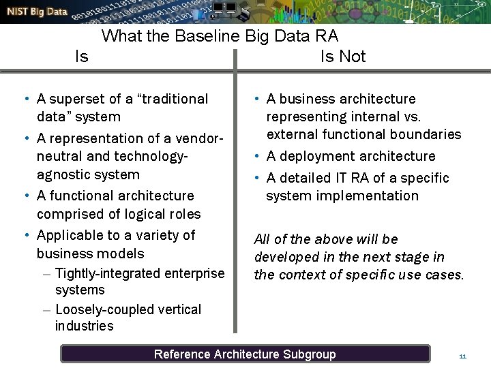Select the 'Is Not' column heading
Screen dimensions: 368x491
click(343, 56)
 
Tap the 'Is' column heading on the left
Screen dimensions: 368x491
click(81, 56)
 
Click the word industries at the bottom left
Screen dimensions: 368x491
click(84, 326)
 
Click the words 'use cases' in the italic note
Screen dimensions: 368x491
click(438, 275)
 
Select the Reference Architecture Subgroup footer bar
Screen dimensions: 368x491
click(245, 354)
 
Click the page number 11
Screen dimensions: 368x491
click(462, 356)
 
